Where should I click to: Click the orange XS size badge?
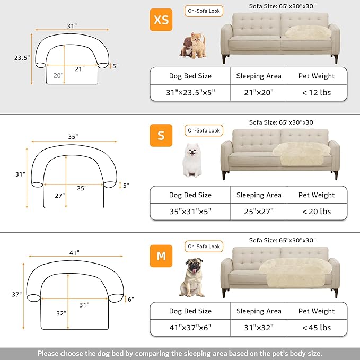click(x=161, y=20)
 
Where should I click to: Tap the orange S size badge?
click(x=161, y=135)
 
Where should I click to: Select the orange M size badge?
click(x=161, y=256)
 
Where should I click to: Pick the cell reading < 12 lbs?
click(x=317, y=92)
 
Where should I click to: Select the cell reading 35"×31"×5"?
click(x=190, y=211)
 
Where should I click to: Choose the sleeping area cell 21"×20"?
click(x=259, y=92)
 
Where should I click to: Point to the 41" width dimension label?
click(x=74, y=253)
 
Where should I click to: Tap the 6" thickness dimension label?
click(x=130, y=299)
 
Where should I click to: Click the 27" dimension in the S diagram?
click(x=59, y=195)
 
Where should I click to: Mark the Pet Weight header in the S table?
click(x=317, y=195)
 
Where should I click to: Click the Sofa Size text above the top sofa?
click(x=283, y=7)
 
